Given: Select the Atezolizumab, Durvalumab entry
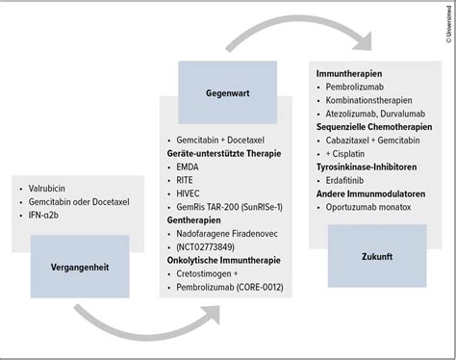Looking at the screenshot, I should tap(376, 113).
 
